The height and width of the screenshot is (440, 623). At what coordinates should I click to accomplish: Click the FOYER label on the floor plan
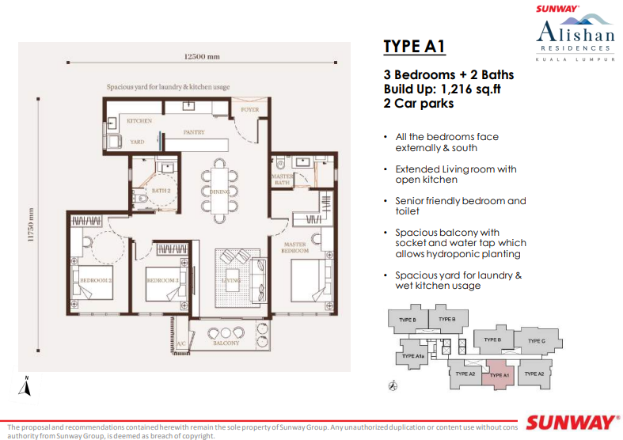click(250, 110)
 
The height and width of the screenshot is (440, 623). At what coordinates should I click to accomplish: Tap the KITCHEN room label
click(139, 121)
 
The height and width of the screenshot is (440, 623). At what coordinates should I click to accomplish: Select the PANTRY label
click(193, 132)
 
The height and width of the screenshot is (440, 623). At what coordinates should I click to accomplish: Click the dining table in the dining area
click(219, 190)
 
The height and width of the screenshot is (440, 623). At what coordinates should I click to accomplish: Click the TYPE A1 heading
click(414, 46)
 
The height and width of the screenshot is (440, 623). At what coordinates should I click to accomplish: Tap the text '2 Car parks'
click(419, 103)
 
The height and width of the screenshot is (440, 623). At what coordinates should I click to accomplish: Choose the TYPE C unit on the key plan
click(537, 341)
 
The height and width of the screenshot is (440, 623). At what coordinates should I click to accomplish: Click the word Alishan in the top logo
click(574, 32)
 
